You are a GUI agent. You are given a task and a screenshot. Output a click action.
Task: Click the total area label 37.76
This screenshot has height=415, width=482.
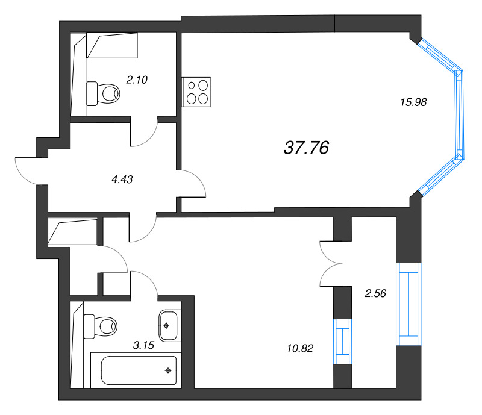pos(306,148)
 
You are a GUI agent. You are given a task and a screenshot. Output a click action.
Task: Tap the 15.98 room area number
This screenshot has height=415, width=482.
pos(413,102)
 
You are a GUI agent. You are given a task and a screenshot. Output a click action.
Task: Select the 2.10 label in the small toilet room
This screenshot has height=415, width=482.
pos(137,78)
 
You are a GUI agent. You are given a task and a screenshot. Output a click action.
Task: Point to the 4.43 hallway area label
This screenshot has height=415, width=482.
pos(122,178)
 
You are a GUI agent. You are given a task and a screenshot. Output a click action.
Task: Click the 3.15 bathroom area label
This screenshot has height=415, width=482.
pos(144,345)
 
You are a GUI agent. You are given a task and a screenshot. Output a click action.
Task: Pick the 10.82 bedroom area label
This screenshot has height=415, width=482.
pos(301,348)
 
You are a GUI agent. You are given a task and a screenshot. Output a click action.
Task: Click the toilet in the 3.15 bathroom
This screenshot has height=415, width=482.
pos(101,326)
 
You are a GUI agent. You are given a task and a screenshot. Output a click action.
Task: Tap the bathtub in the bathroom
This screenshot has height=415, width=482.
pos(139,369)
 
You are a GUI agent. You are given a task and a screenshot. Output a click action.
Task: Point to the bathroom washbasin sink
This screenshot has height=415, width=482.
pos(168,326)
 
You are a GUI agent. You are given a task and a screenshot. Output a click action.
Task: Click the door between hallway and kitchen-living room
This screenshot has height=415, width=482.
pos(193,184)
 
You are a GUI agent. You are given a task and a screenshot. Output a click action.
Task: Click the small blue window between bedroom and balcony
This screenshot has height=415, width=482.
pos(342,341)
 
